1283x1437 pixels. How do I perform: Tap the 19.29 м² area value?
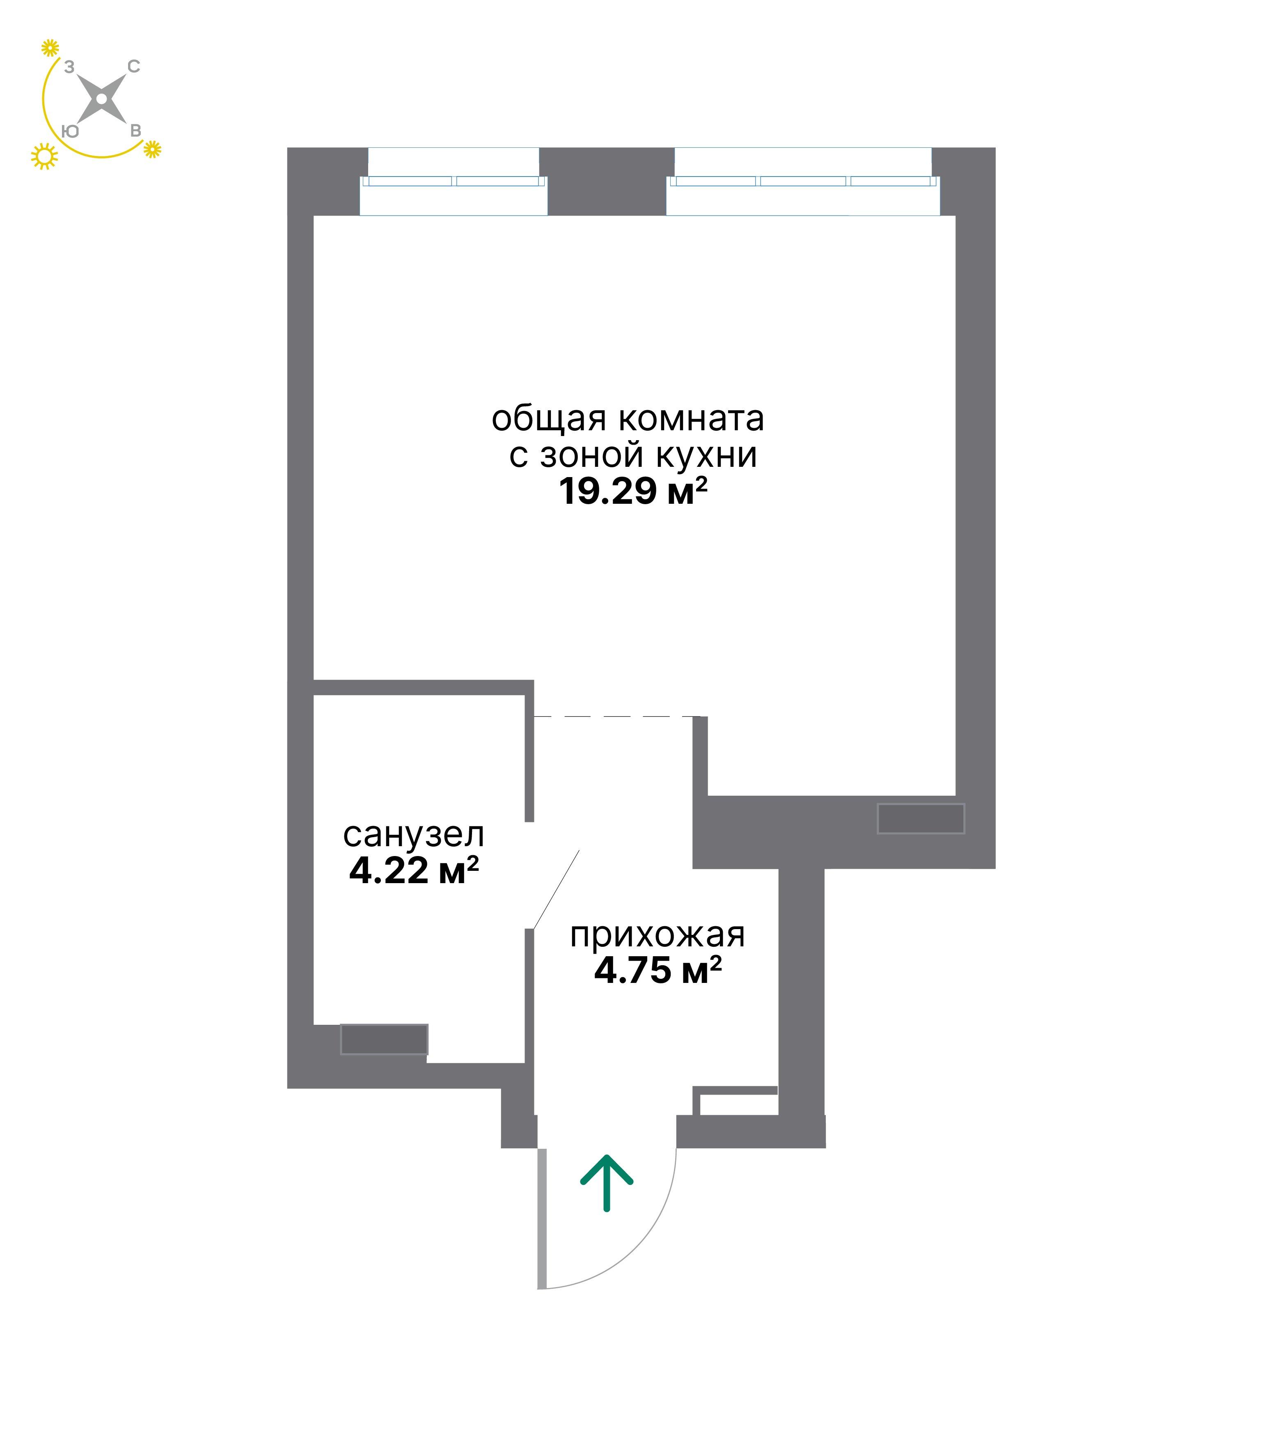[x=632, y=491]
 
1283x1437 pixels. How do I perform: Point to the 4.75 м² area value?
[x=658, y=971]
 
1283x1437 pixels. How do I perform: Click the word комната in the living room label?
[x=692, y=419]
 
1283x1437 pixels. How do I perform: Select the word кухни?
[x=707, y=456]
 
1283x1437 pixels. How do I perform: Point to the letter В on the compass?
[x=136, y=131]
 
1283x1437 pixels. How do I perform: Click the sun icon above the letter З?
[x=49, y=48]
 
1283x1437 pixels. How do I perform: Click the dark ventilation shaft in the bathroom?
[x=384, y=1039]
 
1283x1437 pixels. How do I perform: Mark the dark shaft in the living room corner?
[x=921, y=819]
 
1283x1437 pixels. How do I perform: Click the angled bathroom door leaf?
[x=557, y=889]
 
